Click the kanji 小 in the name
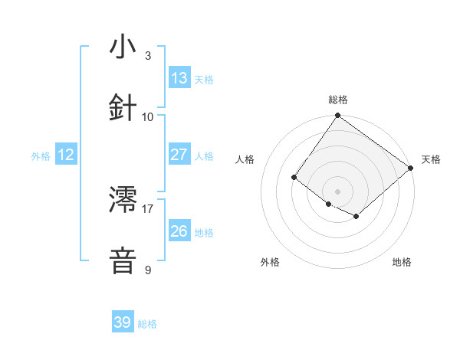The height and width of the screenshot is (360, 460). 123,47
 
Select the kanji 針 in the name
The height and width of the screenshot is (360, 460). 123,107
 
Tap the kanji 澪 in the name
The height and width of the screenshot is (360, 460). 123,201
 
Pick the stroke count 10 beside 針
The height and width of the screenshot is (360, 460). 148,116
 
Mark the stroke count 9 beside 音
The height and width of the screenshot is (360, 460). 147,270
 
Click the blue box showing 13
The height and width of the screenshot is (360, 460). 179,78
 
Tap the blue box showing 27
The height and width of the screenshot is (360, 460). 179,155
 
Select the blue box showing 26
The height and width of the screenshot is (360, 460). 179,231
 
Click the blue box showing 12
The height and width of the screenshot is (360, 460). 66,155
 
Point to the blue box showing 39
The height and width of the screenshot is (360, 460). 123,322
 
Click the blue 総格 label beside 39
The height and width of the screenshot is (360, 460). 148,324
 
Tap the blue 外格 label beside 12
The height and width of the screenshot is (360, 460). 41,156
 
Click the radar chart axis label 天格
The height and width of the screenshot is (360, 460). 431,159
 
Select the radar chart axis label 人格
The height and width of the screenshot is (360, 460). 245,159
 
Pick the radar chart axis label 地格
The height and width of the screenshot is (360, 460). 402,262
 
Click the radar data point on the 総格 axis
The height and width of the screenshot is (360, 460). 337,116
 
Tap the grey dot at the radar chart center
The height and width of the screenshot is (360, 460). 337,191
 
